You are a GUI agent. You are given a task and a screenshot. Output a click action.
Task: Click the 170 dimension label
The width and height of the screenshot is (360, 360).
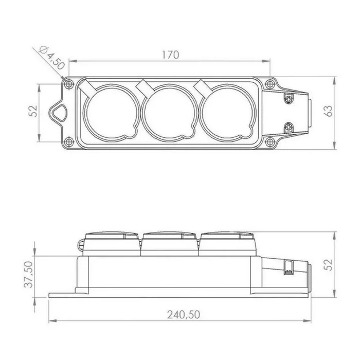170,55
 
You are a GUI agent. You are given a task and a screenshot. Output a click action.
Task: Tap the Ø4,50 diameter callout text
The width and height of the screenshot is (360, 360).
52,58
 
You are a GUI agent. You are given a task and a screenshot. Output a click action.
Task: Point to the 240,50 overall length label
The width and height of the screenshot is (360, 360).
184,315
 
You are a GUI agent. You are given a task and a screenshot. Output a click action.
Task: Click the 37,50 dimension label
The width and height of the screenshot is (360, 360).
29,274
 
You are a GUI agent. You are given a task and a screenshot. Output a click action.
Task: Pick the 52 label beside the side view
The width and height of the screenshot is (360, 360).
329,265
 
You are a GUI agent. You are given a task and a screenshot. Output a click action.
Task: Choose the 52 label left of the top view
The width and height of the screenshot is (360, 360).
33,111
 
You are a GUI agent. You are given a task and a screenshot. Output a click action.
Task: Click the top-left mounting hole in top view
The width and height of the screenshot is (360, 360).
68,84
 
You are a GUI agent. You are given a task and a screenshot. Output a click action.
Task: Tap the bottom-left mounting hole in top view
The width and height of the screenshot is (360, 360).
68,142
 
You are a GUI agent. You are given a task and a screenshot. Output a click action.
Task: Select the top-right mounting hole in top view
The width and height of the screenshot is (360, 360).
269,84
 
